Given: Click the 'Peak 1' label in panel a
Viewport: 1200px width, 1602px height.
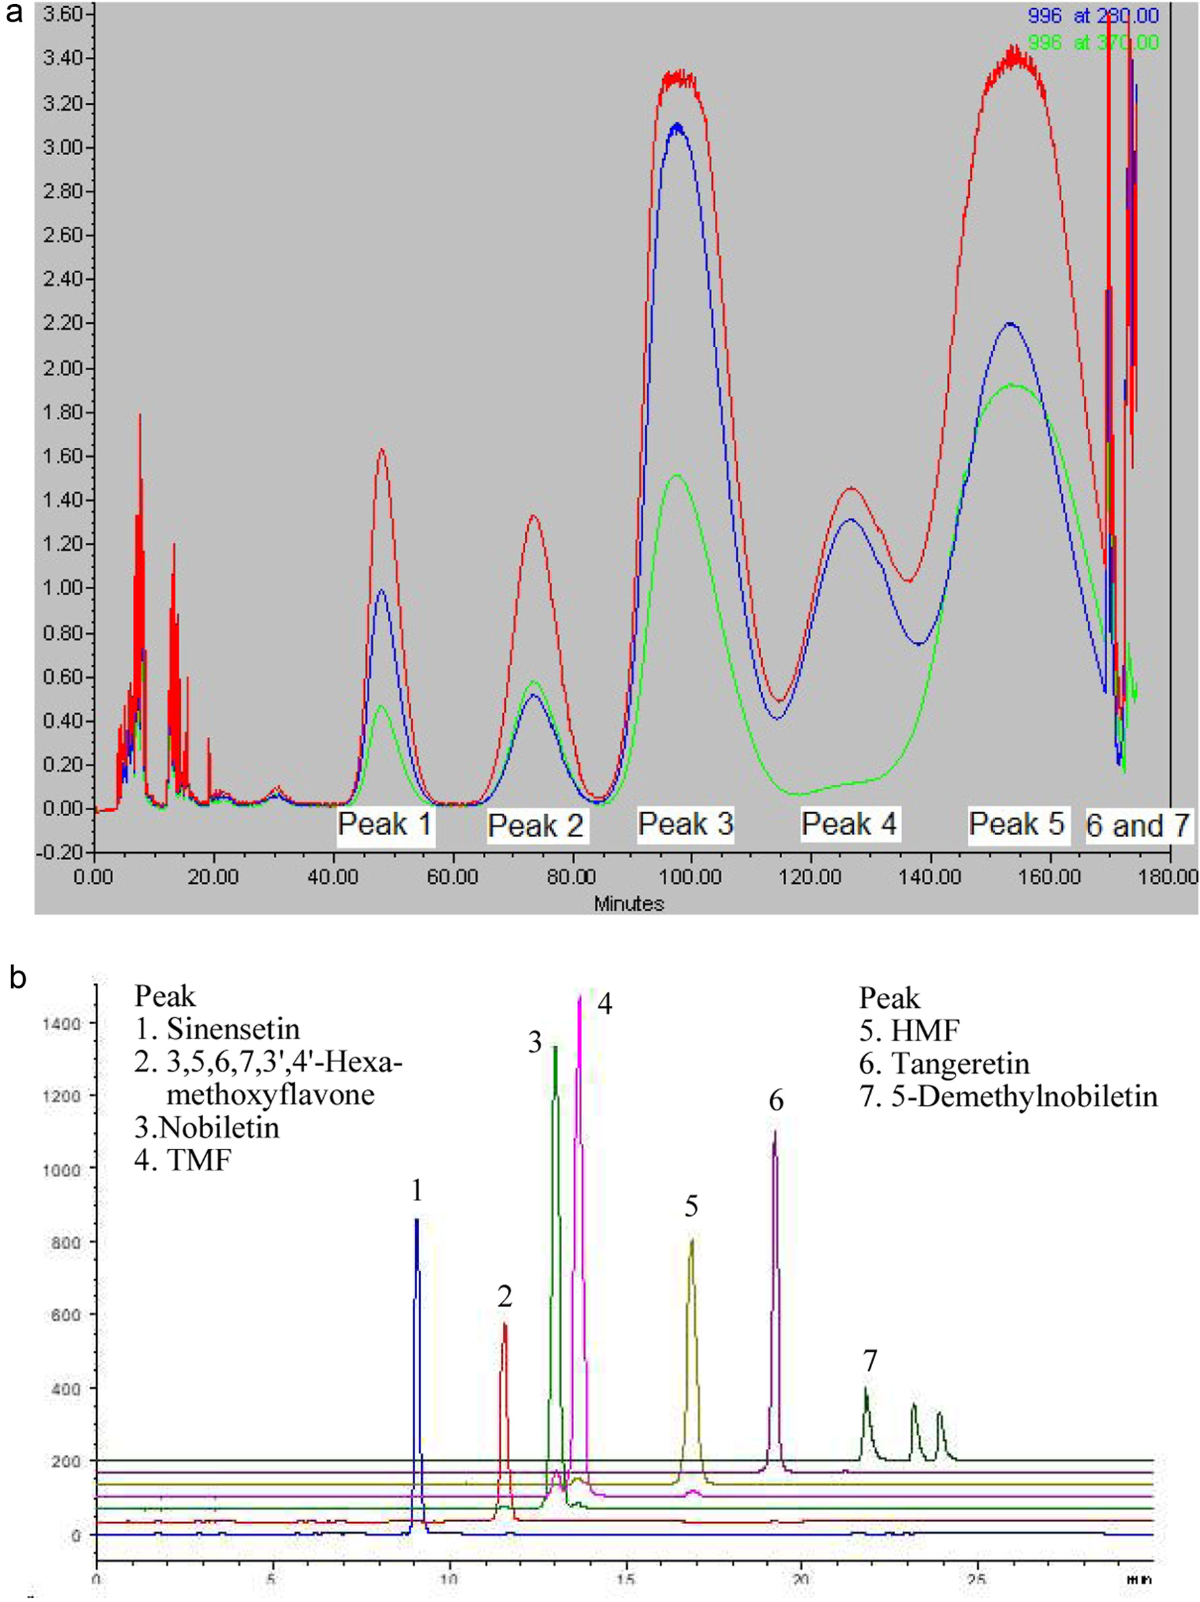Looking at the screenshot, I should point(385,824).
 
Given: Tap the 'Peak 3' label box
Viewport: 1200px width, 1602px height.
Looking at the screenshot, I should point(685,824).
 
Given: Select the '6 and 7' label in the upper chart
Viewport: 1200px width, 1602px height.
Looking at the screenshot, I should point(1138,825).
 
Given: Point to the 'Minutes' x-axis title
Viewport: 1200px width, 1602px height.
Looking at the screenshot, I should point(628,903).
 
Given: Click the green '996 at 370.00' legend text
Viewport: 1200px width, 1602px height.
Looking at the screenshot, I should point(1093,43).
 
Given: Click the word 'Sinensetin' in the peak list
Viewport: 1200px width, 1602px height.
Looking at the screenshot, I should point(232,1029).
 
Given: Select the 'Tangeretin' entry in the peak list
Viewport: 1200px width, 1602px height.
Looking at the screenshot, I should point(960,1064).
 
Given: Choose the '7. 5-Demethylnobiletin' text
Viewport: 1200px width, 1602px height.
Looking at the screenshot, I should point(1008,1097).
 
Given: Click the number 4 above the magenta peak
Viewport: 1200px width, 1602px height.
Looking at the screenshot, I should point(605,1005).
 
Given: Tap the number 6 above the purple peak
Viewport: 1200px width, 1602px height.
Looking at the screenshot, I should point(775,1101).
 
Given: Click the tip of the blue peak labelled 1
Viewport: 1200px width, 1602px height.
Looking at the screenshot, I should point(416,1219).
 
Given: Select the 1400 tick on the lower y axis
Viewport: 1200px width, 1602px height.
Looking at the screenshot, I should point(64,1024).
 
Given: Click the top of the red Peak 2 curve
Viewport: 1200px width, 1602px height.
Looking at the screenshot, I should point(534,515).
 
